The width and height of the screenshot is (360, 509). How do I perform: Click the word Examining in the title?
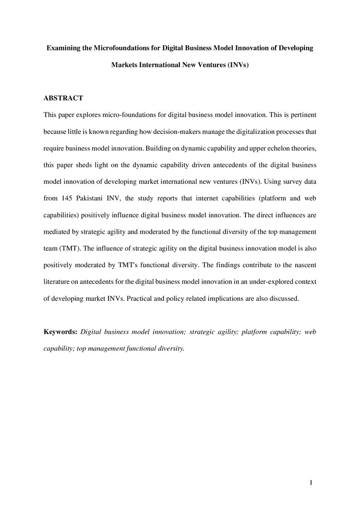pos(64,48)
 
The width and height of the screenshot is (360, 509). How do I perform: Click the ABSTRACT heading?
pos(63,97)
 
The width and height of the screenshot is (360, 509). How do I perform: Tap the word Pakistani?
pos(94,198)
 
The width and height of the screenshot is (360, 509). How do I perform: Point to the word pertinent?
pos(302,114)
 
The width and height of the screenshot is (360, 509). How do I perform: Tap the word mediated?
pos(59,232)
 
